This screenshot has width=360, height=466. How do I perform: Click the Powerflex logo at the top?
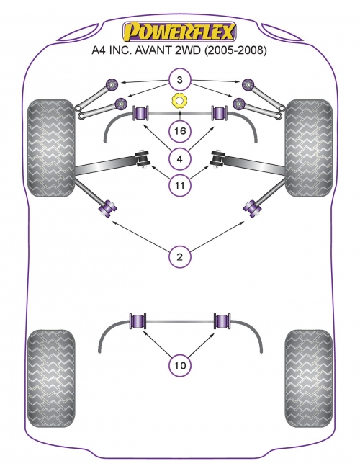click(180, 32)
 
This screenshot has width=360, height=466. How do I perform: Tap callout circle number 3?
click(180, 80)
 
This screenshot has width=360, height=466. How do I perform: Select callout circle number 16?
click(180, 130)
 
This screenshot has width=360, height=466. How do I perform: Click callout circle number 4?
click(180, 159)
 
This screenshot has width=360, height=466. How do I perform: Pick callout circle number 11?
click(180, 185)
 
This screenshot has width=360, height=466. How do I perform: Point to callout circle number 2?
click(180, 256)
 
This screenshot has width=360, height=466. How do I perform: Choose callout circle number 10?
click(180, 365)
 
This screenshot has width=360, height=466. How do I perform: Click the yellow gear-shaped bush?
click(180, 101)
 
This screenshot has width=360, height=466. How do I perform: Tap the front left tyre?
click(51, 148)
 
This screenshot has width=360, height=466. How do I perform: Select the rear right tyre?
click(309, 378)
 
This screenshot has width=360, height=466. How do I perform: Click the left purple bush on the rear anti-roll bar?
click(138, 321)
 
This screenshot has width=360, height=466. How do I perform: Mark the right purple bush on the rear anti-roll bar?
click(222, 321)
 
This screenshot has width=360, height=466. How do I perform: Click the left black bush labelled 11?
click(143, 158)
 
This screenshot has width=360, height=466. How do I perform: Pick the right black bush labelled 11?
click(217, 158)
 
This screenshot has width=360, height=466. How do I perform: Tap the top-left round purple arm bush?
click(112, 84)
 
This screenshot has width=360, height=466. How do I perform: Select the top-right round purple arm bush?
click(248, 85)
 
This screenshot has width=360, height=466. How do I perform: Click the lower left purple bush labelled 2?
click(107, 207)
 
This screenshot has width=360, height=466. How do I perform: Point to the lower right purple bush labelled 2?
click(252, 207)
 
